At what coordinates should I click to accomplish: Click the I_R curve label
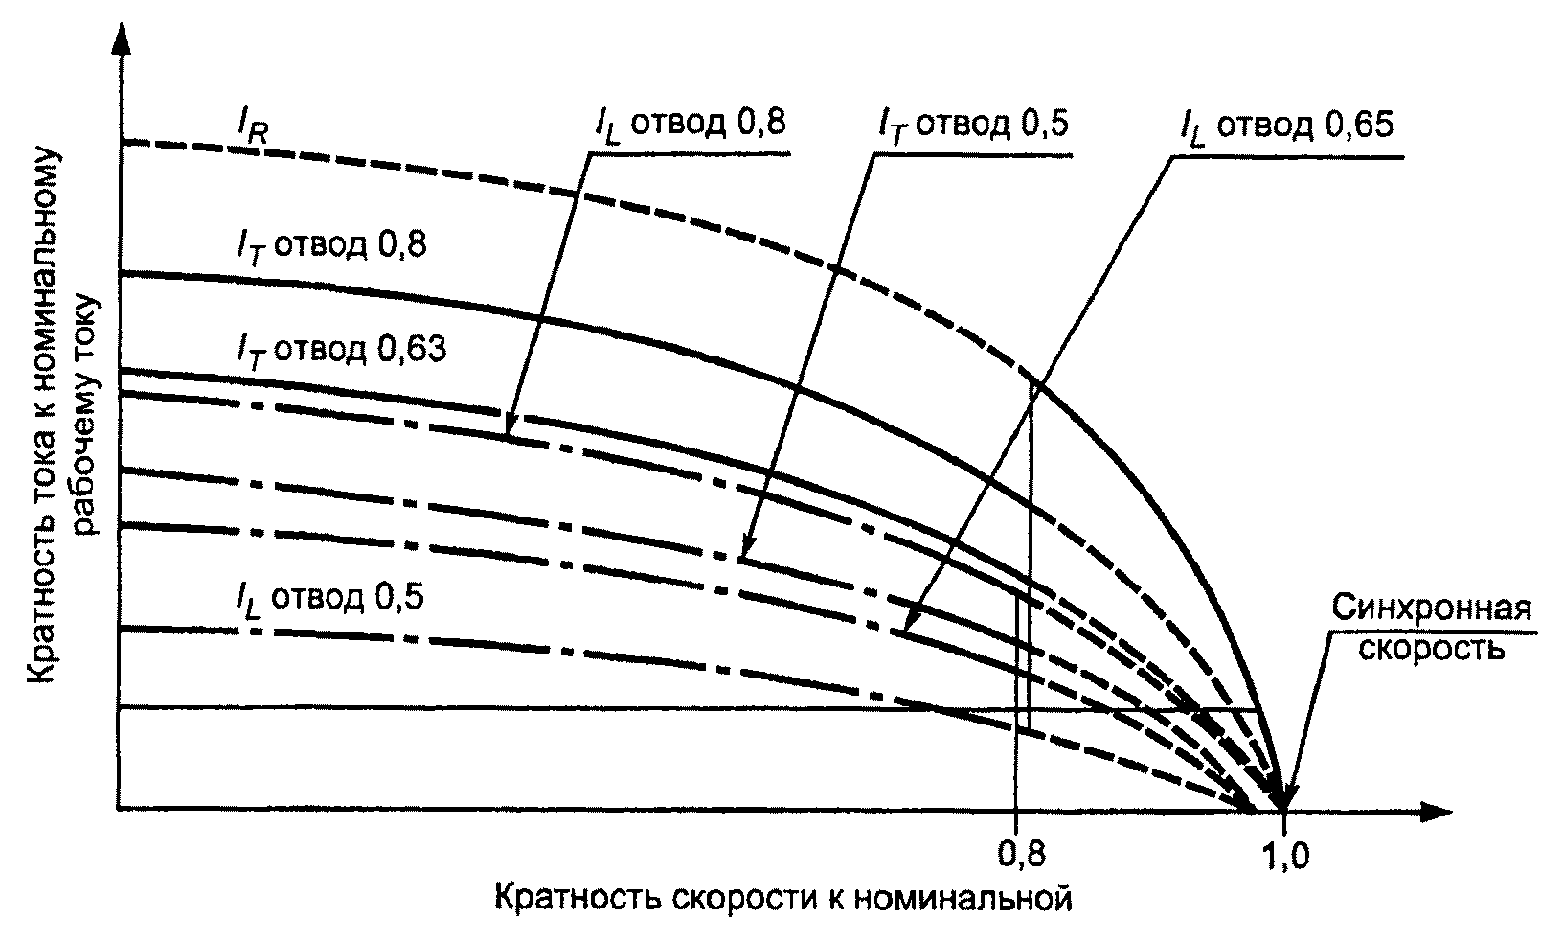click(252, 126)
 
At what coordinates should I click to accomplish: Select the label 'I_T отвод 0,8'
click(331, 247)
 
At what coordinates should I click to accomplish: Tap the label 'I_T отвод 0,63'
click(341, 351)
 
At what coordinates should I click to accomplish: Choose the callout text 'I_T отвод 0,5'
click(974, 126)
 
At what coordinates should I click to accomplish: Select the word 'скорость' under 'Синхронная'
click(1431, 649)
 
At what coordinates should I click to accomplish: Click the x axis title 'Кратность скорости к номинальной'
click(782, 898)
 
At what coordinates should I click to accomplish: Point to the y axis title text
click(64, 415)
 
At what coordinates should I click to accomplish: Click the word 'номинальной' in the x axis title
click(963, 898)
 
